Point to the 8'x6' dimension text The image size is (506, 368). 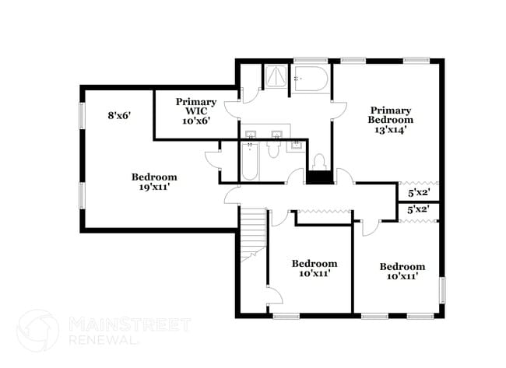pos(118,115)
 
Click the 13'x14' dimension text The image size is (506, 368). pos(391,130)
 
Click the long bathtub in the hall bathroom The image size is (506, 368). pos(249,163)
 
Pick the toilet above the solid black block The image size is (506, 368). pos(318,161)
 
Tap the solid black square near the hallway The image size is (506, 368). pos(318,177)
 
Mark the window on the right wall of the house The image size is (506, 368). pos(443,291)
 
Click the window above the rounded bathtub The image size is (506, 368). pos(304,60)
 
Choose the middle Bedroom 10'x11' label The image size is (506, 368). pos(314,268)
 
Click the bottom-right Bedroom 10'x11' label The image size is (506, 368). pos(402,271)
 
